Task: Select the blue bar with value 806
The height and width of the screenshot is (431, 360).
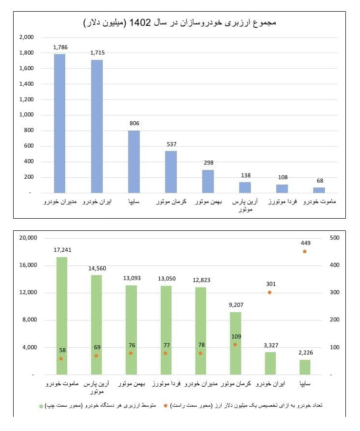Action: [x=134, y=162]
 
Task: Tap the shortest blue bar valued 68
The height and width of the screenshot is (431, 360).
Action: [x=319, y=190]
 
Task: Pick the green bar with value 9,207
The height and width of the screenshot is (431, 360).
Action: [x=235, y=343]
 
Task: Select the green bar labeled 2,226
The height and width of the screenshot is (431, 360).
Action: [x=305, y=367]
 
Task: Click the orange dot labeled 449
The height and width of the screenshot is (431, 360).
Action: [x=304, y=251]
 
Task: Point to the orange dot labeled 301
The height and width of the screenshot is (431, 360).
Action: [x=269, y=292]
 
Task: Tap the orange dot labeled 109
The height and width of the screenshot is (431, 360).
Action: [x=235, y=344]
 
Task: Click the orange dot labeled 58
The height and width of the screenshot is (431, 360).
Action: [x=61, y=358]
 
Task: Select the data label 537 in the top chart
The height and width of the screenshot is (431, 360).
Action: [x=171, y=144]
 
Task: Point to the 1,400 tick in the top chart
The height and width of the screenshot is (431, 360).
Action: [x=26, y=84]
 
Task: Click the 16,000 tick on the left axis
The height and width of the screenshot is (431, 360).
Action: [x=28, y=265]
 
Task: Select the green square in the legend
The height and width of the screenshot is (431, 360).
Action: [x=41, y=405]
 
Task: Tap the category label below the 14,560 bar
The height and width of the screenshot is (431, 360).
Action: [x=97, y=387]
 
